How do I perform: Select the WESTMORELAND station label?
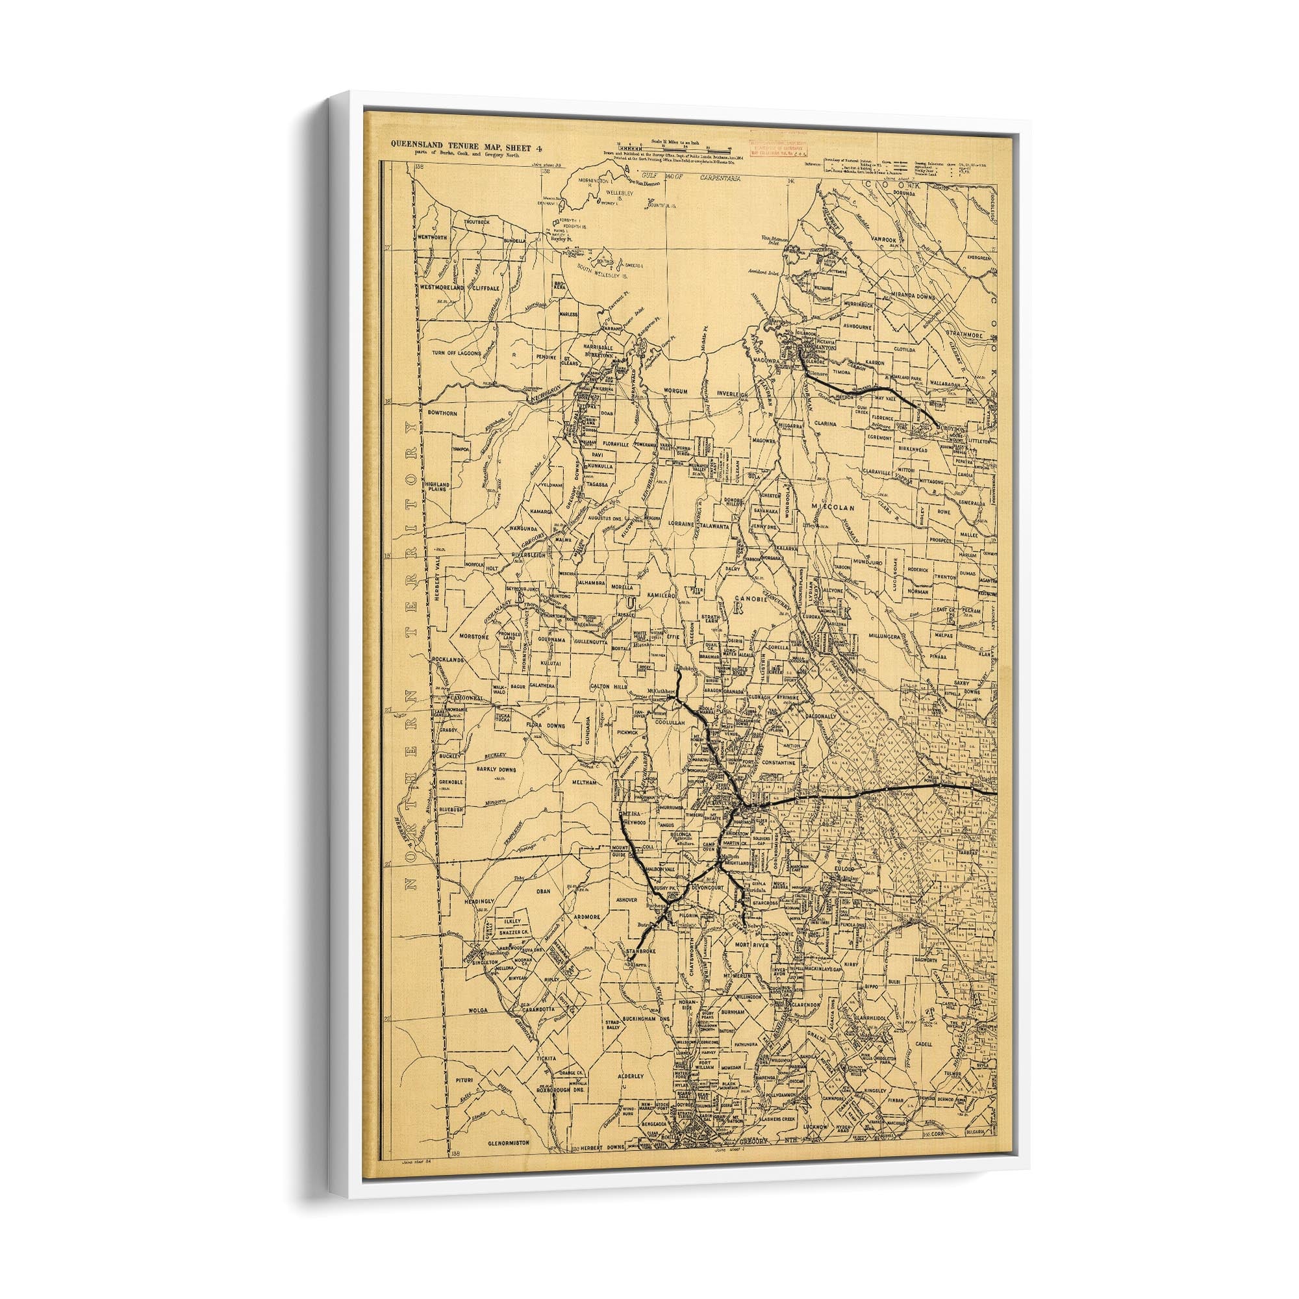pyautogui.click(x=442, y=286)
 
